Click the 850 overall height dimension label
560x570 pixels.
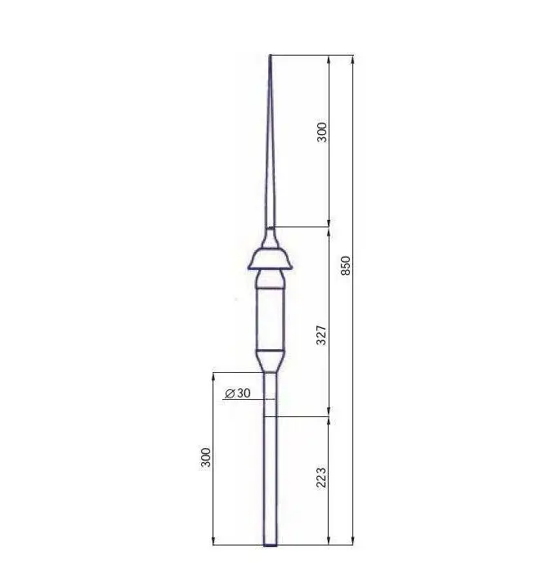point(347,265)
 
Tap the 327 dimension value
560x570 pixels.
point(321,335)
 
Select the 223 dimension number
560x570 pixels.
point(321,478)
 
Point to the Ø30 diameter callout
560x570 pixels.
point(238,393)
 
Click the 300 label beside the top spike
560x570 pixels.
point(321,132)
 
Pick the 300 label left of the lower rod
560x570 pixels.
point(205,457)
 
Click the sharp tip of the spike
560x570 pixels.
point(270,56)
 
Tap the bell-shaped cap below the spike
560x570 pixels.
point(270,258)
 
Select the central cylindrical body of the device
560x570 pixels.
point(270,319)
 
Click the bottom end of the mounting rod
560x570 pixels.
point(270,545)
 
